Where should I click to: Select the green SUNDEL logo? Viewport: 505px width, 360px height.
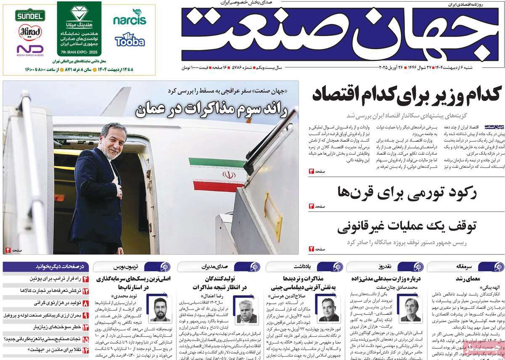[30, 16]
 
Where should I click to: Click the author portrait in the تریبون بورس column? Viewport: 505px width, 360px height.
[160, 309]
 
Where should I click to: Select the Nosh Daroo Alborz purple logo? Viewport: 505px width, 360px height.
[30, 50]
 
